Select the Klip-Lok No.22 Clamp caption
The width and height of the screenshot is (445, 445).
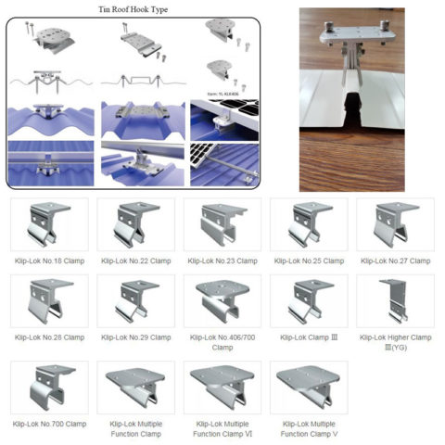click(x=135, y=261)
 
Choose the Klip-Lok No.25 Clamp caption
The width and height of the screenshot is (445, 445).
click(x=308, y=261)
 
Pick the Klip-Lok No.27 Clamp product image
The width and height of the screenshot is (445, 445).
click(x=395, y=223)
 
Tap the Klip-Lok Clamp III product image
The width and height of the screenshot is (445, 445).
click(x=308, y=300)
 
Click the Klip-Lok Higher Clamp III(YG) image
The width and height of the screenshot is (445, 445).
click(x=395, y=300)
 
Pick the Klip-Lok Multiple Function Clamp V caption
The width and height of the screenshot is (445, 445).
click(x=308, y=428)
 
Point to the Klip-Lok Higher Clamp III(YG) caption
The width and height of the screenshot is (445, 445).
click(x=395, y=342)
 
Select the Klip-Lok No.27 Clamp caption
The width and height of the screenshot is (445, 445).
click(x=395, y=261)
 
